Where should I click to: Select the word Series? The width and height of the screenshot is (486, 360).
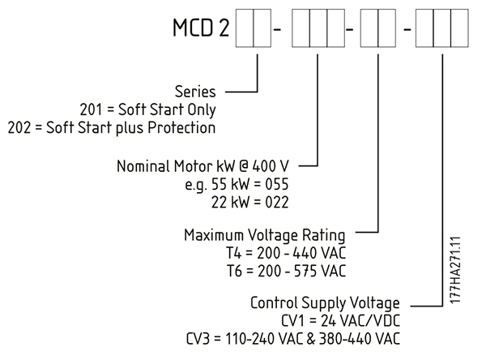(x=196, y=91)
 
